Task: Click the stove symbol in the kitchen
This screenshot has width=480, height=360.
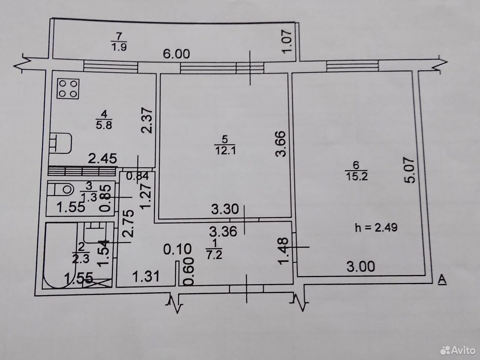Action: tap(68, 89)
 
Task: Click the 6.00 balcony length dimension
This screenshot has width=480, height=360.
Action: tap(177, 54)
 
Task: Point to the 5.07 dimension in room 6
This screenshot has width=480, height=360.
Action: tap(409, 170)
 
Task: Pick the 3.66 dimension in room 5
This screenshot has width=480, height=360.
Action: tap(280, 144)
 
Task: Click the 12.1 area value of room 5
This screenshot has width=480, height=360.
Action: tap(226, 151)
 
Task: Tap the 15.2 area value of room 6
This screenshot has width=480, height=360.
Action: tap(357, 176)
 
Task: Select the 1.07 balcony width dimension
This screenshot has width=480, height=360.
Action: tap(287, 42)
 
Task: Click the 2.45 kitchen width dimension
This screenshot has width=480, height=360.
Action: tap(102, 159)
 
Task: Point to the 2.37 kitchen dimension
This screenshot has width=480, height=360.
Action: tap(147, 120)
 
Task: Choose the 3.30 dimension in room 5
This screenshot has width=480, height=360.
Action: tap(225, 209)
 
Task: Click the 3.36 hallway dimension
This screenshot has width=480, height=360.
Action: tap(223, 231)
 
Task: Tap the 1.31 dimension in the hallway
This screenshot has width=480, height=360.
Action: tap(146, 277)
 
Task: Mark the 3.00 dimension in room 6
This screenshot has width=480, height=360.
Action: tap(361, 267)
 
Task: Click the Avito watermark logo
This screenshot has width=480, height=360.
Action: tap(458, 351)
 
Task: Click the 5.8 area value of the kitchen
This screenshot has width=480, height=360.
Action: tap(104, 125)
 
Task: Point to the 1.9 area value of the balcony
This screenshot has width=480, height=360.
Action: tap(119, 47)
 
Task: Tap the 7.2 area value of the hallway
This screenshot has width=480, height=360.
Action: tap(214, 255)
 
